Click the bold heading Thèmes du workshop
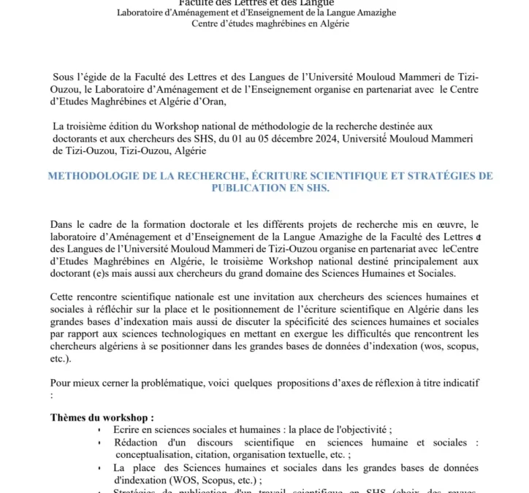102,418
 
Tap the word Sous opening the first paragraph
65,77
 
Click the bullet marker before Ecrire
99,431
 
